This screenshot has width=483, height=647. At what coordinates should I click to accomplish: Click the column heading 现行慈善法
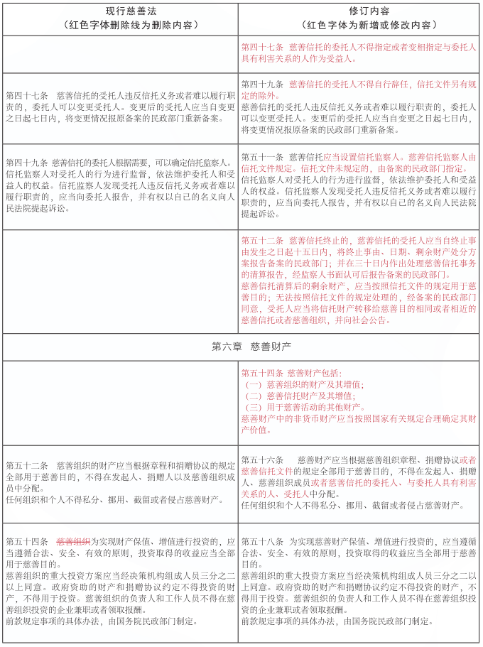[x=120, y=11]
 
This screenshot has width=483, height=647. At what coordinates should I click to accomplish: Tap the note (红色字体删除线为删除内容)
[x=120, y=24]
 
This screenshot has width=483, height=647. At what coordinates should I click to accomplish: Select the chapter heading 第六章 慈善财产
[x=241, y=347]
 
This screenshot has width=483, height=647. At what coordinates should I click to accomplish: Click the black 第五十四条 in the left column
[x=26, y=540]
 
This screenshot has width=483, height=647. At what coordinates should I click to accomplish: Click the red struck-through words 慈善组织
[x=73, y=540]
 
